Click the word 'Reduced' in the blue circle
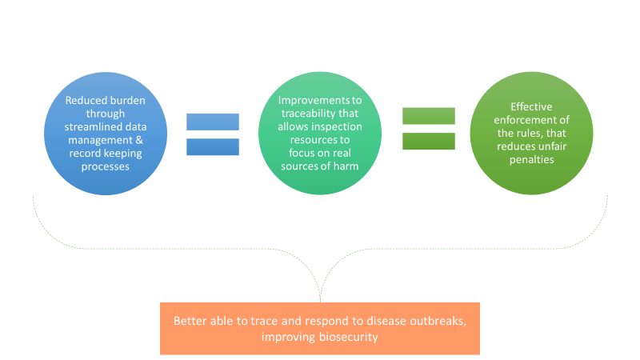tap(84, 101)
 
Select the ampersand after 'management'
tap(139, 140)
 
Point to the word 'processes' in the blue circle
tap(106, 166)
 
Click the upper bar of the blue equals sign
tap(213, 122)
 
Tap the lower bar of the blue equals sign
tap(213, 147)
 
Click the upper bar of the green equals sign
tap(429, 116)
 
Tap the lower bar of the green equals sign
tap(429, 142)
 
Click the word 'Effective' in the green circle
tap(531, 107)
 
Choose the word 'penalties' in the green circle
tap(531, 159)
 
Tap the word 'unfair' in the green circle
tap(553, 146)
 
